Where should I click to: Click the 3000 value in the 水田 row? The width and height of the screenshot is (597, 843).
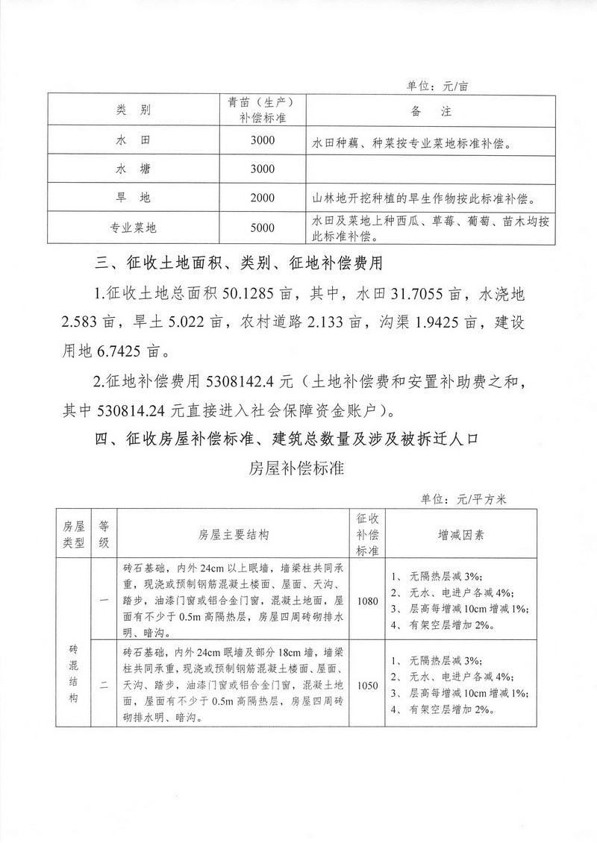pyautogui.click(x=263, y=140)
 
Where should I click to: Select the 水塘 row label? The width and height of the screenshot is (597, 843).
pyautogui.click(x=134, y=169)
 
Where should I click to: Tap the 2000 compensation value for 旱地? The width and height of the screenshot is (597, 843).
pyautogui.click(x=263, y=198)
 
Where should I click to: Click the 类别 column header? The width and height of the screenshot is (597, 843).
pyautogui.click(x=134, y=110)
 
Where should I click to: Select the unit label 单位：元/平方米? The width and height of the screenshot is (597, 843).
pyautogui.click(x=463, y=499)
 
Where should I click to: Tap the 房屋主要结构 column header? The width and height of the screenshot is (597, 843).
pyautogui.click(x=234, y=535)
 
